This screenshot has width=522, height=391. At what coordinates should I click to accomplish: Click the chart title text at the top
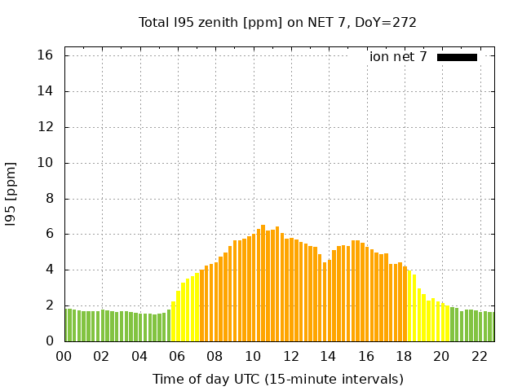277,22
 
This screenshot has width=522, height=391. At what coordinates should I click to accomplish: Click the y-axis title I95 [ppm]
11,194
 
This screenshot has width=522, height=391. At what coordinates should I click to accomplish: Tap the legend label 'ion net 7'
398,57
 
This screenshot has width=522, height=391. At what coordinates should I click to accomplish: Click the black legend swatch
457,57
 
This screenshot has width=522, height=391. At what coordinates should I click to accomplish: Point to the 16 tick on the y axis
46,55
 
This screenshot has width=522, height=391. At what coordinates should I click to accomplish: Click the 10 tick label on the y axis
46,163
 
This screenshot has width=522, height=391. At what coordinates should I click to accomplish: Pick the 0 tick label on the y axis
49,341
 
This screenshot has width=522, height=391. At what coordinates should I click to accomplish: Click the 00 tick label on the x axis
64,356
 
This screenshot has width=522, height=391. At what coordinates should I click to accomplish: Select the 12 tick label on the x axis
291,356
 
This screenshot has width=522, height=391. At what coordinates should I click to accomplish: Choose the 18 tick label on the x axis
405,356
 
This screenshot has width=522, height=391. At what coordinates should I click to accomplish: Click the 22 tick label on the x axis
480,356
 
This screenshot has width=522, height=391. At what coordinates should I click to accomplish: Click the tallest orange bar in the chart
263,283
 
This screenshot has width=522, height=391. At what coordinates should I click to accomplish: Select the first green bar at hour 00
67,325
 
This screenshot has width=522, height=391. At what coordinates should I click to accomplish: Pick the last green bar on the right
492,327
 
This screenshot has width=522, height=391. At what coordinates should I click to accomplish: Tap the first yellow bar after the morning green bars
173,322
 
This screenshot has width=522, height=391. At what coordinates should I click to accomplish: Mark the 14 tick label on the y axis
46,91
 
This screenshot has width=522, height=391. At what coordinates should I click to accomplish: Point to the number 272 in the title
405,22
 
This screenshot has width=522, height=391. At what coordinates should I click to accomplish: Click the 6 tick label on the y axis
49,234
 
